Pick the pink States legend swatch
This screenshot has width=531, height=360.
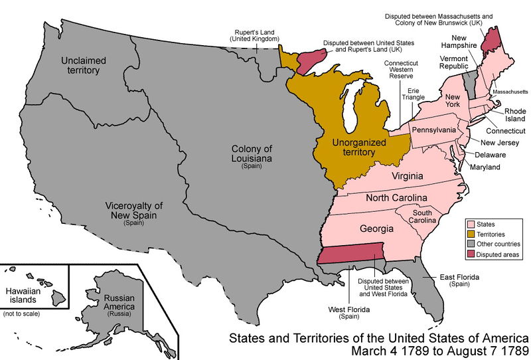471,225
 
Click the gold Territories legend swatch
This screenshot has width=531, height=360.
471,234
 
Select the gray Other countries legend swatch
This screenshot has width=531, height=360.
471,244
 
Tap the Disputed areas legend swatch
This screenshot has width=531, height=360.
471,254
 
